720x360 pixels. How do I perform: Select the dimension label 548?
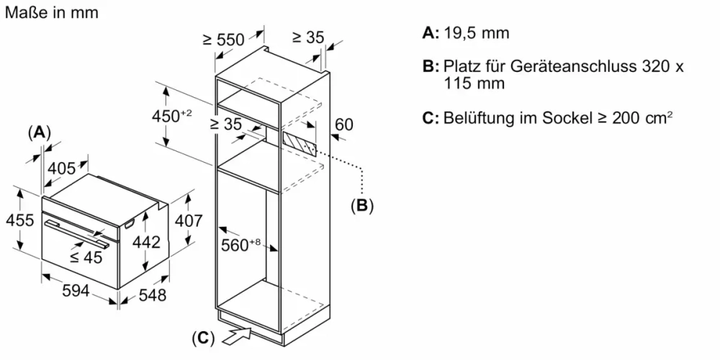pyautogui.click(x=152, y=295)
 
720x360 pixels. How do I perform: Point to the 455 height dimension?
pyautogui.click(x=19, y=220)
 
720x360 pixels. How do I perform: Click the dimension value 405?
pyautogui.click(x=61, y=168)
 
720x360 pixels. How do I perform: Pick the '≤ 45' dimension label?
pyautogui.click(x=86, y=257)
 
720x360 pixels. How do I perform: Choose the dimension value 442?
pyautogui.click(x=146, y=243)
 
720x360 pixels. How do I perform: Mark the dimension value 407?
pyautogui.click(x=189, y=221)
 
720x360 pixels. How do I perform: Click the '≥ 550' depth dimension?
pyautogui.click(x=223, y=40)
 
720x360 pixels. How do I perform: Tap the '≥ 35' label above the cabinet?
pyautogui.click(x=308, y=37)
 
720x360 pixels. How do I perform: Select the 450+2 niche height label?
pyautogui.click(x=171, y=115)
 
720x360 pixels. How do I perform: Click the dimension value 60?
pyautogui.click(x=344, y=125)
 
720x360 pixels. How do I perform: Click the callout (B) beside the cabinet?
pyautogui.click(x=362, y=206)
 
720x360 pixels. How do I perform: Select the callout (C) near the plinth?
pyautogui.click(x=204, y=338)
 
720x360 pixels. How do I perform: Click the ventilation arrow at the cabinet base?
pyautogui.click(x=238, y=333)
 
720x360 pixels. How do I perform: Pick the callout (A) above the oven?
pyautogui.click(x=40, y=132)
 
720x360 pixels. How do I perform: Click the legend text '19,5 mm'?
pyautogui.click(x=477, y=33)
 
